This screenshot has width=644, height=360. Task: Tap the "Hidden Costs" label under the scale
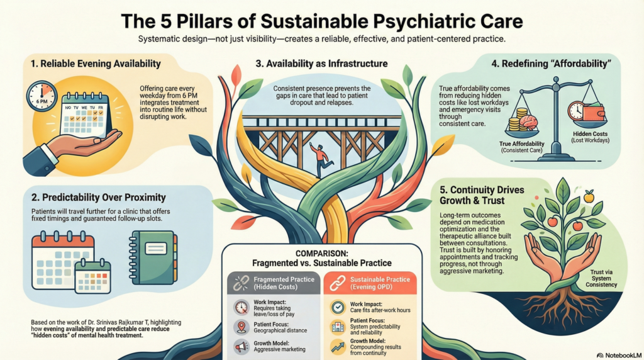point(588,134)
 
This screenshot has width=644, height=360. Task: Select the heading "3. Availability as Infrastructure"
point(321,64)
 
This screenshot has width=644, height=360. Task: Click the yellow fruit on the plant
point(589,198)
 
